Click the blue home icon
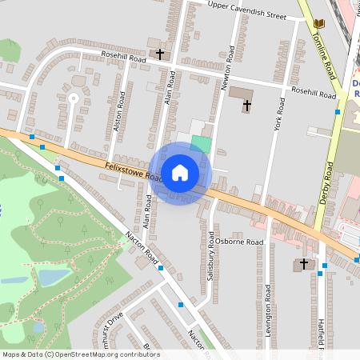(180, 172)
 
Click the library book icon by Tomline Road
(319, 24)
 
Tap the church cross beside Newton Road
(246, 104)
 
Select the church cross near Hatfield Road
(303, 263)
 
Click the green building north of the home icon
(202, 145)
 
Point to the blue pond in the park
(54, 277)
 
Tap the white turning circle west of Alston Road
(73, 98)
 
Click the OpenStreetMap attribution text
(80, 354)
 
